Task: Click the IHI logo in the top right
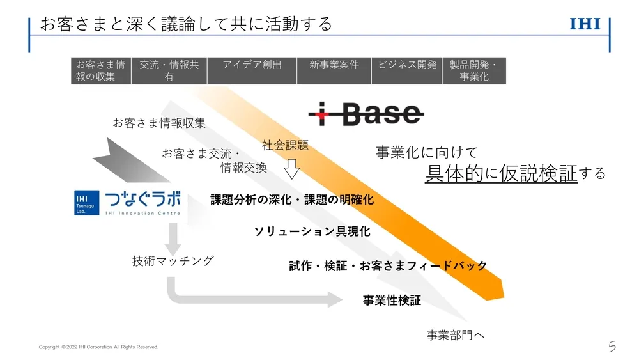[585, 25]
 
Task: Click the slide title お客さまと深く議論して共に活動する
[186, 24]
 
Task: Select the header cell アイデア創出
[252, 70]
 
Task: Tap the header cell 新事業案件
[334, 70]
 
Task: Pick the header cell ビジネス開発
[407, 70]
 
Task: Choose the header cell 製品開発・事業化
[474, 70]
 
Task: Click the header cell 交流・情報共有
[169, 70]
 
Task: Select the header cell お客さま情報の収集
[101, 70]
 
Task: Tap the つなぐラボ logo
[128, 202]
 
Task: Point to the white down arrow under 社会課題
[292, 169]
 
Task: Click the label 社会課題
[285, 145]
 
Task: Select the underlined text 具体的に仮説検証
[501, 173]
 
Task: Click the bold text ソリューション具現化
[312, 231]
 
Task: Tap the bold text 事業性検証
[392, 300]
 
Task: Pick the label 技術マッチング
[173, 261]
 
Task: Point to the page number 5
[612, 347]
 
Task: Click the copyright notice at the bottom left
[98, 347]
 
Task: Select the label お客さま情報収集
[159, 123]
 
